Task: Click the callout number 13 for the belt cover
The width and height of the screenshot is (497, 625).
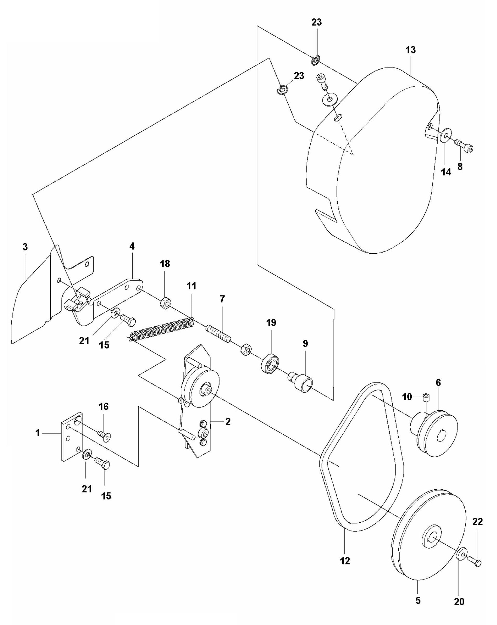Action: point(410,50)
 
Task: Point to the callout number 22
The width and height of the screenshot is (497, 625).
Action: point(477,522)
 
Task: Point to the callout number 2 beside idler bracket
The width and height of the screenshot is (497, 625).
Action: point(228,422)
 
